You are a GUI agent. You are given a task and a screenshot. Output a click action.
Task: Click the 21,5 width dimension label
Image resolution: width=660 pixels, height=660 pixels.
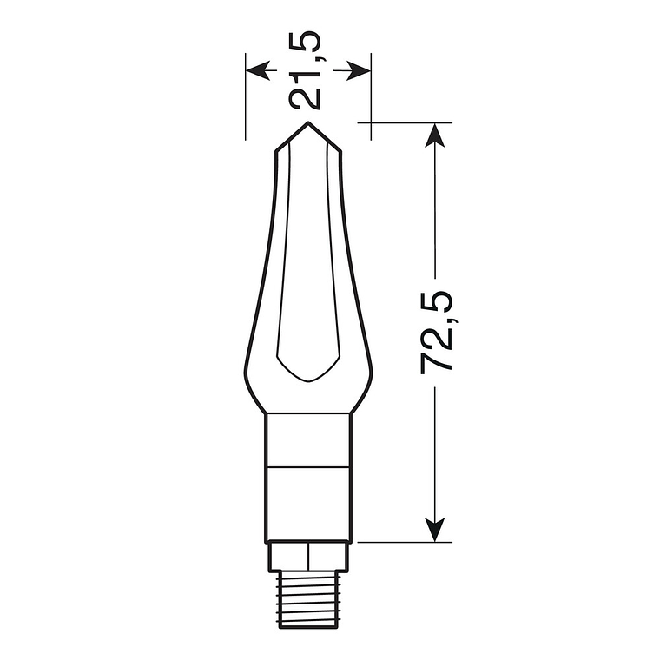coord(307,69)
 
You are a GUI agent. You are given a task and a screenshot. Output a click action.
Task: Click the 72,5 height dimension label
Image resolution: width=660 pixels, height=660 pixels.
coord(438,332)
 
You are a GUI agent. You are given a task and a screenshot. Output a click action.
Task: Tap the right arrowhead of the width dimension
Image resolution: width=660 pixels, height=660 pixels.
coord(360,69)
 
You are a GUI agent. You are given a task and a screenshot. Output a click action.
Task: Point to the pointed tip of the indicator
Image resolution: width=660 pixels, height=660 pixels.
coord(308,124)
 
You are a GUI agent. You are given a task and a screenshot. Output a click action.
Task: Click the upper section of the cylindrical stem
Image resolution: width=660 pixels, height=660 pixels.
coord(309,439)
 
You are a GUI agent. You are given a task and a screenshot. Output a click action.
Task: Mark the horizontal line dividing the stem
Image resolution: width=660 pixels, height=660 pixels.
coord(309,465)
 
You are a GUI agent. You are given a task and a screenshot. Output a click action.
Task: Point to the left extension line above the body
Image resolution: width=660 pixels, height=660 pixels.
coord(246,104)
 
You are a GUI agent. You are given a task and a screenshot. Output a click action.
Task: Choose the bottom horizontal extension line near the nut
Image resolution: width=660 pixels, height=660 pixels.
coord(399,542)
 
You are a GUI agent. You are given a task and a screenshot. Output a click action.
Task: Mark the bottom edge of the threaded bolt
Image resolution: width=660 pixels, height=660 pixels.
coord(309,625)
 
